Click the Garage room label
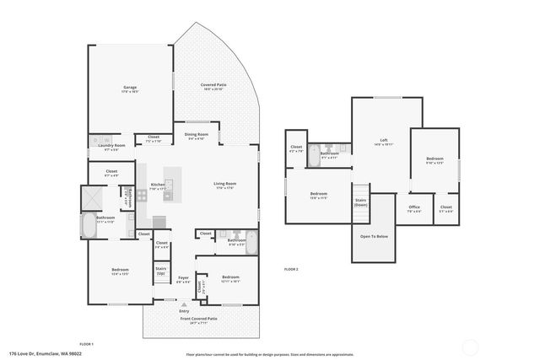tap(129, 88)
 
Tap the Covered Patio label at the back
tap(213, 86)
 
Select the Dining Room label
tap(196, 136)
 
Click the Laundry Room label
tap(111, 147)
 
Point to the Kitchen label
tap(157, 185)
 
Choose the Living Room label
tap(224, 185)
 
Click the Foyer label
tap(183, 278)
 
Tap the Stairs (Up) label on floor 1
tap(160, 271)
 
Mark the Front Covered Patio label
tap(198, 318)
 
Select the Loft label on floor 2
tap(383, 141)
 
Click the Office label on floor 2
tap(414, 208)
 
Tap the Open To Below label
tap(374, 236)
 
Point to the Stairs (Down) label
tap(360, 202)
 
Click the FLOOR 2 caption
tap(291, 268)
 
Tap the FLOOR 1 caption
tap(86, 344)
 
